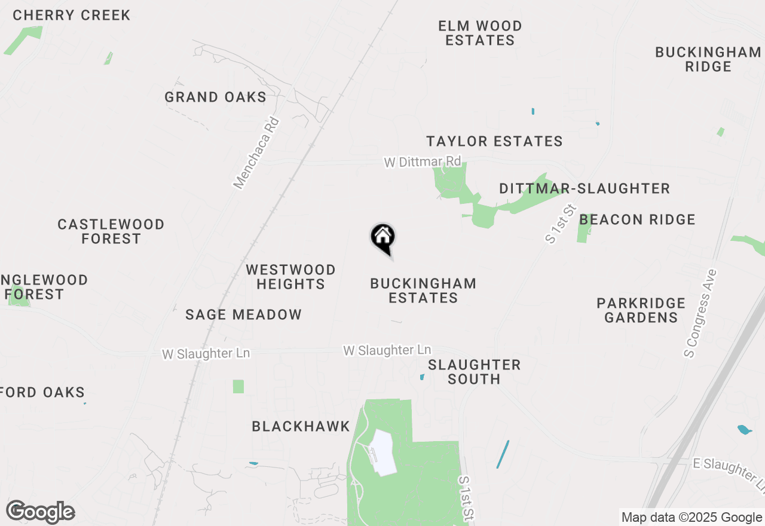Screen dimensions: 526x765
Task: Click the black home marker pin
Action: (x=382, y=237)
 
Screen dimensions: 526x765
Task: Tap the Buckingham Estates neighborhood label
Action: (x=423, y=290)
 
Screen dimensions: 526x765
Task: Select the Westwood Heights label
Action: (x=290, y=277)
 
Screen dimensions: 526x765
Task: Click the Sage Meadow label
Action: (x=243, y=314)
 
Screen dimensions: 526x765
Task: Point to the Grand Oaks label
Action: (x=215, y=97)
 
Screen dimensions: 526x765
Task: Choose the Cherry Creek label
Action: (x=72, y=15)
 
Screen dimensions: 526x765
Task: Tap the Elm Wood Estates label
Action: (x=480, y=33)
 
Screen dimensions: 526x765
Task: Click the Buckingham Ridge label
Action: (x=708, y=59)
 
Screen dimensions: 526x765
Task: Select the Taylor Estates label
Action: (x=494, y=141)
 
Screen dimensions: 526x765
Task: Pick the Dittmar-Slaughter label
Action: (x=584, y=189)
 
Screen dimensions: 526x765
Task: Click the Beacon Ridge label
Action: (x=637, y=219)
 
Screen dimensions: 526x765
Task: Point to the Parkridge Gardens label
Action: (x=641, y=310)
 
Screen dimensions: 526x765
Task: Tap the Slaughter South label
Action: (x=475, y=372)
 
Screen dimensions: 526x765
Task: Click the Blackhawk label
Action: (x=301, y=426)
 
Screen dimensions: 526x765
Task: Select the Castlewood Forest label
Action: (x=111, y=231)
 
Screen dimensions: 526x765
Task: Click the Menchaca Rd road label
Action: (x=257, y=153)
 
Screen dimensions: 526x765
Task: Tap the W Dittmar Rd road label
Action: (x=423, y=162)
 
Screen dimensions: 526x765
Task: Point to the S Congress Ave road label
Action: (x=700, y=314)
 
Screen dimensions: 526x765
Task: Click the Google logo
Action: (x=41, y=512)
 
